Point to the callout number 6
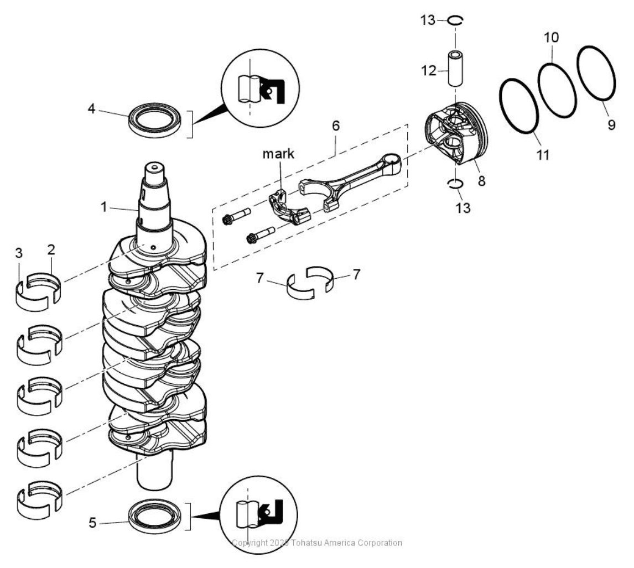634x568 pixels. [x=336, y=126]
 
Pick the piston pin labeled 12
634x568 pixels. [x=455, y=69]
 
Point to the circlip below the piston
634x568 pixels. [x=455, y=184]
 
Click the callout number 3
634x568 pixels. [x=19, y=254]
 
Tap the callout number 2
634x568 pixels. [x=51, y=249]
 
